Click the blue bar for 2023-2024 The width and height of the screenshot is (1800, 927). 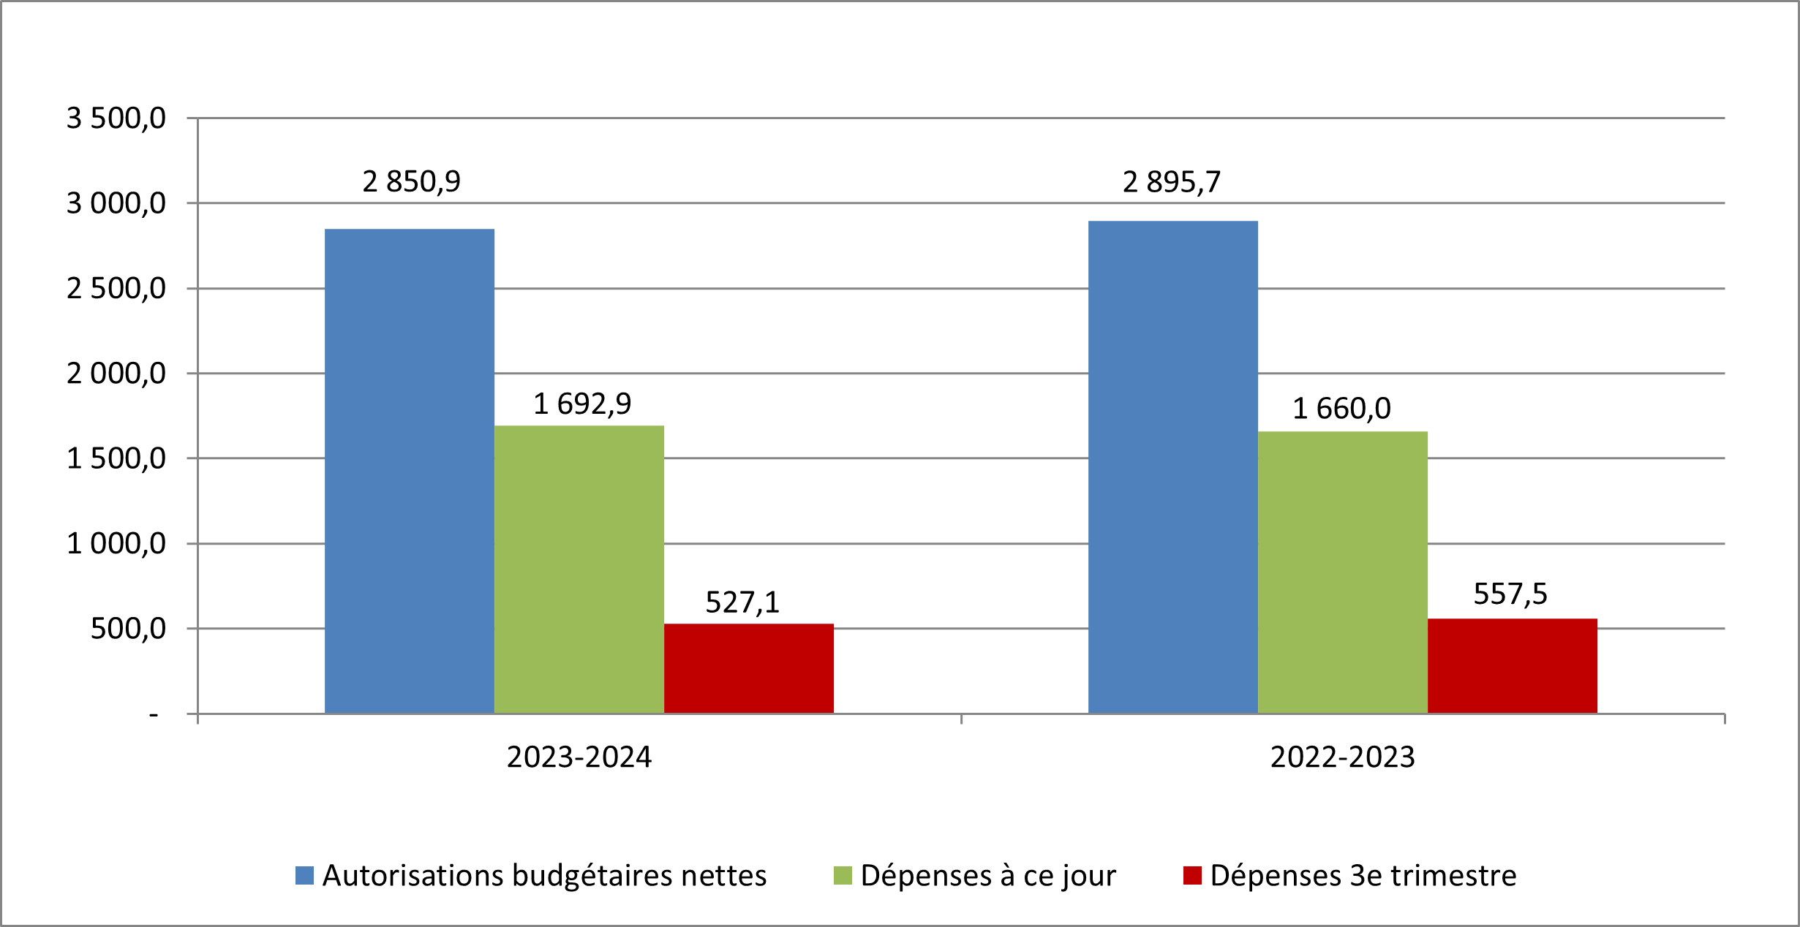[x=410, y=471]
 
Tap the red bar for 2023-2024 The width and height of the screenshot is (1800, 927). [x=749, y=668]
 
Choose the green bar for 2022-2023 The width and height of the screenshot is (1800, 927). [x=1343, y=572]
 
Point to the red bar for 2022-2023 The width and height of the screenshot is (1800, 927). [x=1513, y=665]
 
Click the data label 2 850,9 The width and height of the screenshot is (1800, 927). [x=412, y=182]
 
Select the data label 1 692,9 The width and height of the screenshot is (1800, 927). [x=582, y=404]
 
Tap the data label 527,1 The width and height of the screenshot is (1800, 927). [x=742, y=602]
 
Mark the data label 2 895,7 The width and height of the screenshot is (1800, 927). [x=1172, y=182]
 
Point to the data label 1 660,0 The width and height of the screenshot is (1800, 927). [x=1341, y=409]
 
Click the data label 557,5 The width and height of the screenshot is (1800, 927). [x=1510, y=594]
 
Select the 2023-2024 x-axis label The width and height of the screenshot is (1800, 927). [x=579, y=757]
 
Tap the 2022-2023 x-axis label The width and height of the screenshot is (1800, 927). [x=1343, y=757]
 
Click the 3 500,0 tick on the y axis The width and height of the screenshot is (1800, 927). [x=116, y=118]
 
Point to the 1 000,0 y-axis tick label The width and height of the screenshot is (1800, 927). [x=116, y=543]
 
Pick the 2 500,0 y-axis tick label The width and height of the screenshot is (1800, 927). [x=116, y=289]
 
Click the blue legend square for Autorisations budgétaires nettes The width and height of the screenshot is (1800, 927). [x=304, y=875]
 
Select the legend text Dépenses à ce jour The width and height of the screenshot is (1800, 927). [x=988, y=876]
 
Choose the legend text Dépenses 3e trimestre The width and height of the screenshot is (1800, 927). [x=1363, y=876]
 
